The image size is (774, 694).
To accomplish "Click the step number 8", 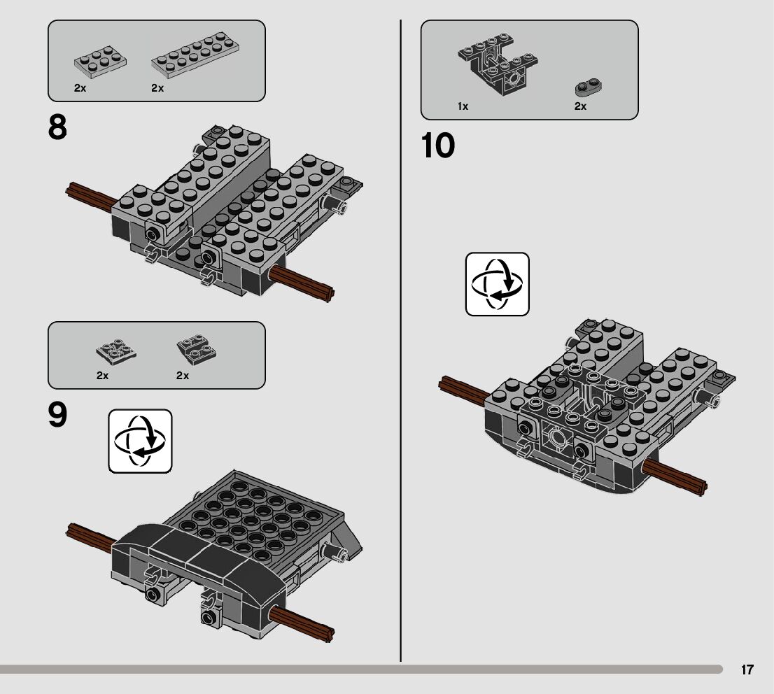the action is pyautogui.click(x=57, y=128).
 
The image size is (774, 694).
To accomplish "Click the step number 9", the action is pyautogui.click(x=57, y=415).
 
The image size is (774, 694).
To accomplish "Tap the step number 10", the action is pyautogui.click(x=438, y=146).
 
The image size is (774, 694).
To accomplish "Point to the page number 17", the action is pyautogui.click(x=747, y=670).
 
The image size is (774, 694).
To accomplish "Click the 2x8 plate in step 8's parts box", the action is pyautogui.click(x=195, y=55).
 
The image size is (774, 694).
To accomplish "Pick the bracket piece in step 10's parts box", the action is pyautogui.click(x=498, y=63).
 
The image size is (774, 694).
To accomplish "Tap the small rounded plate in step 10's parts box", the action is pyautogui.click(x=588, y=87).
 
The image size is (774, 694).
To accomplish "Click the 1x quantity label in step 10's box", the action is pyautogui.click(x=463, y=106).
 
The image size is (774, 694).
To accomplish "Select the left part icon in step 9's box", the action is pyautogui.click(x=116, y=352).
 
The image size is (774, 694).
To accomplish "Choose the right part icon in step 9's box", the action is pyautogui.click(x=197, y=350).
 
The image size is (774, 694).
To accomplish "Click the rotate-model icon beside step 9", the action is pyautogui.click(x=140, y=441).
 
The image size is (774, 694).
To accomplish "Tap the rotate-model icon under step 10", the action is pyautogui.click(x=498, y=284).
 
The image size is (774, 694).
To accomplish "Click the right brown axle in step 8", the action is pyautogui.click(x=302, y=283).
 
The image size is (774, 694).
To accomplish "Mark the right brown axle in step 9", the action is pyautogui.click(x=302, y=625).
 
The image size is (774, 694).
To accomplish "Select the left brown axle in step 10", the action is pyautogui.click(x=465, y=390).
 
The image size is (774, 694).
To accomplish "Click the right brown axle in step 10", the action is pyautogui.click(x=675, y=477).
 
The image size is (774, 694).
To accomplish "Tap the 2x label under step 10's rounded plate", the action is pyautogui.click(x=581, y=106).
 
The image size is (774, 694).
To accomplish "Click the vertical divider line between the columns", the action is pyautogui.click(x=400, y=341).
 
